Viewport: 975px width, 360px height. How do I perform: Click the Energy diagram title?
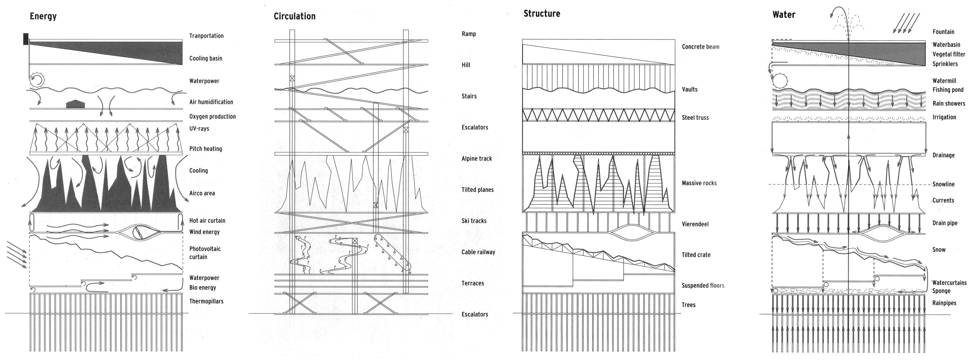tap(43, 16)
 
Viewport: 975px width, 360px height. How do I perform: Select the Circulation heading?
tap(294, 16)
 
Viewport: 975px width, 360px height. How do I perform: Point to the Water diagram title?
tap(784, 15)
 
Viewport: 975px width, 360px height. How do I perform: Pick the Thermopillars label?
tap(206, 301)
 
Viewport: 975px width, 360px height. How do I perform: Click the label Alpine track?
tap(476, 158)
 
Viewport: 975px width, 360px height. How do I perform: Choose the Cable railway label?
tap(478, 252)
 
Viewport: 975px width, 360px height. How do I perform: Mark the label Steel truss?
tap(695, 118)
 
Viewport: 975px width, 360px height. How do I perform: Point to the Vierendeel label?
tap(695, 224)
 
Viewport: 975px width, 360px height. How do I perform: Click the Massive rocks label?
tap(699, 183)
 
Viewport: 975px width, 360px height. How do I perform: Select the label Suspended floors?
tap(703, 285)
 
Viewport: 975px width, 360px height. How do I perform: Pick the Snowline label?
tap(943, 184)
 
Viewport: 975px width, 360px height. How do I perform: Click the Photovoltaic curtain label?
tap(205, 253)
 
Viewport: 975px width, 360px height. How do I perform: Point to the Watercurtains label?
tap(949, 283)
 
